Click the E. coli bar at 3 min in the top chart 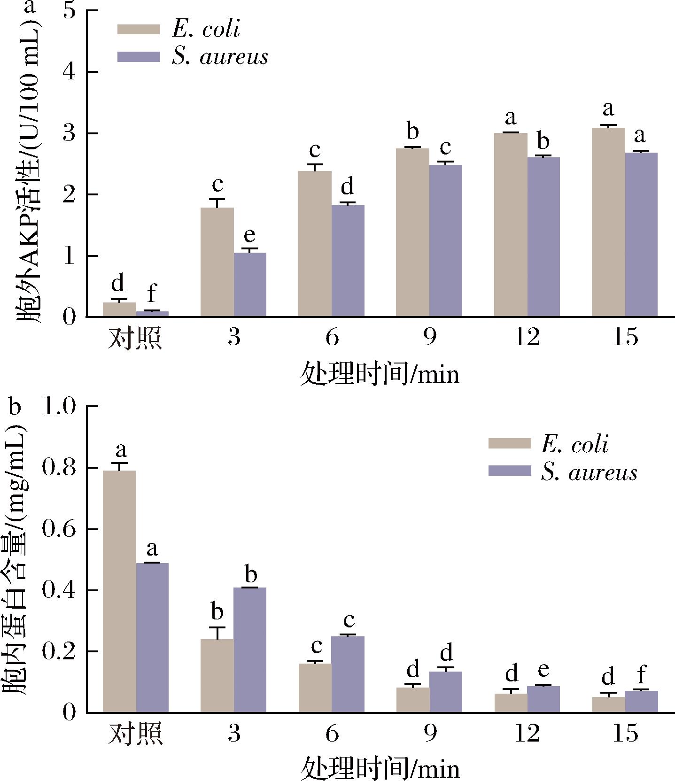pyautogui.click(x=217, y=262)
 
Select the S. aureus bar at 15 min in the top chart pyautogui.click(x=641, y=234)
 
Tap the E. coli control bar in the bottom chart pyautogui.click(x=119, y=591)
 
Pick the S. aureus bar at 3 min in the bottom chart pyautogui.click(x=250, y=650)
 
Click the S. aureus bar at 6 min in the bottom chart pyautogui.click(x=348, y=674)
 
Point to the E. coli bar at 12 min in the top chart pyautogui.click(x=511, y=225)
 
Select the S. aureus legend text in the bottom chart pyautogui.click(x=589, y=472)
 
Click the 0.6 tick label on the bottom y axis pyautogui.click(x=59, y=529)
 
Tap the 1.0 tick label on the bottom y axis pyautogui.click(x=59, y=407)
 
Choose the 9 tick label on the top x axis pyautogui.click(x=429, y=337)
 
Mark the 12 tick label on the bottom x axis pyautogui.click(x=527, y=733)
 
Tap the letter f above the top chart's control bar pyautogui.click(x=152, y=293)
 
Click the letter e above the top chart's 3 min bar pyautogui.click(x=250, y=234)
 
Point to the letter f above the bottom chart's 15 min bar pyautogui.click(x=641, y=676)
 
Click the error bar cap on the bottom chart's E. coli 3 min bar pyautogui.click(x=217, y=627)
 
